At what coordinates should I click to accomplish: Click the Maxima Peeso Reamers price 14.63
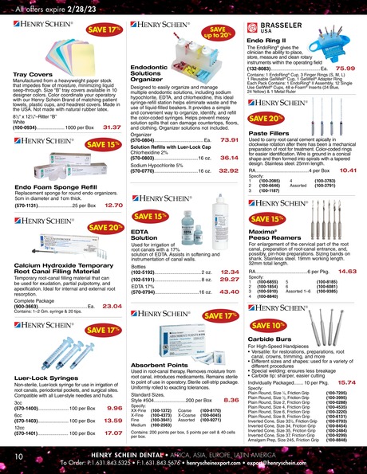coord(347,271)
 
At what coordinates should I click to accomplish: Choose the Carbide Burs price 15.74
coord(347,382)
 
